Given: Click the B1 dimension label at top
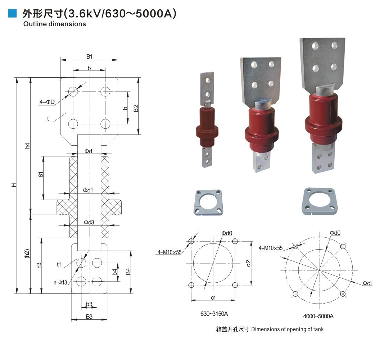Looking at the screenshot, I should pyautogui.click(x=89, y=56).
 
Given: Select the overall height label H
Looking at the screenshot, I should pyautogui.click(x=14, y=185).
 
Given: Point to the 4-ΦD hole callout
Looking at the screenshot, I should pyautogui.click(x=47, y=102).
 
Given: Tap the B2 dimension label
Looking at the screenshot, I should pyautogui.click(x=136, y=108).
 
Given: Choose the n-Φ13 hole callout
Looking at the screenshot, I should pyautogui.click(x=60, y=282).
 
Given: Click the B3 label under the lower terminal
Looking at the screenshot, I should pyautogui.click(x=89, y=316).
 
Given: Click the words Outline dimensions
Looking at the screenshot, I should pyautogui.click(x=55, y=24).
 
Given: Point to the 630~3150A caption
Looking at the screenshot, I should pyautogui.click(x=214, y=314).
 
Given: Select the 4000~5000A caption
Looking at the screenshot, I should pyautogui.click(x=318, y=316).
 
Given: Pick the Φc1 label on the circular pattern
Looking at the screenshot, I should pyautogui.click(x=367, y=284).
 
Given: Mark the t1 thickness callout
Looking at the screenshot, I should pyautogui.click(x=59, y=265).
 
